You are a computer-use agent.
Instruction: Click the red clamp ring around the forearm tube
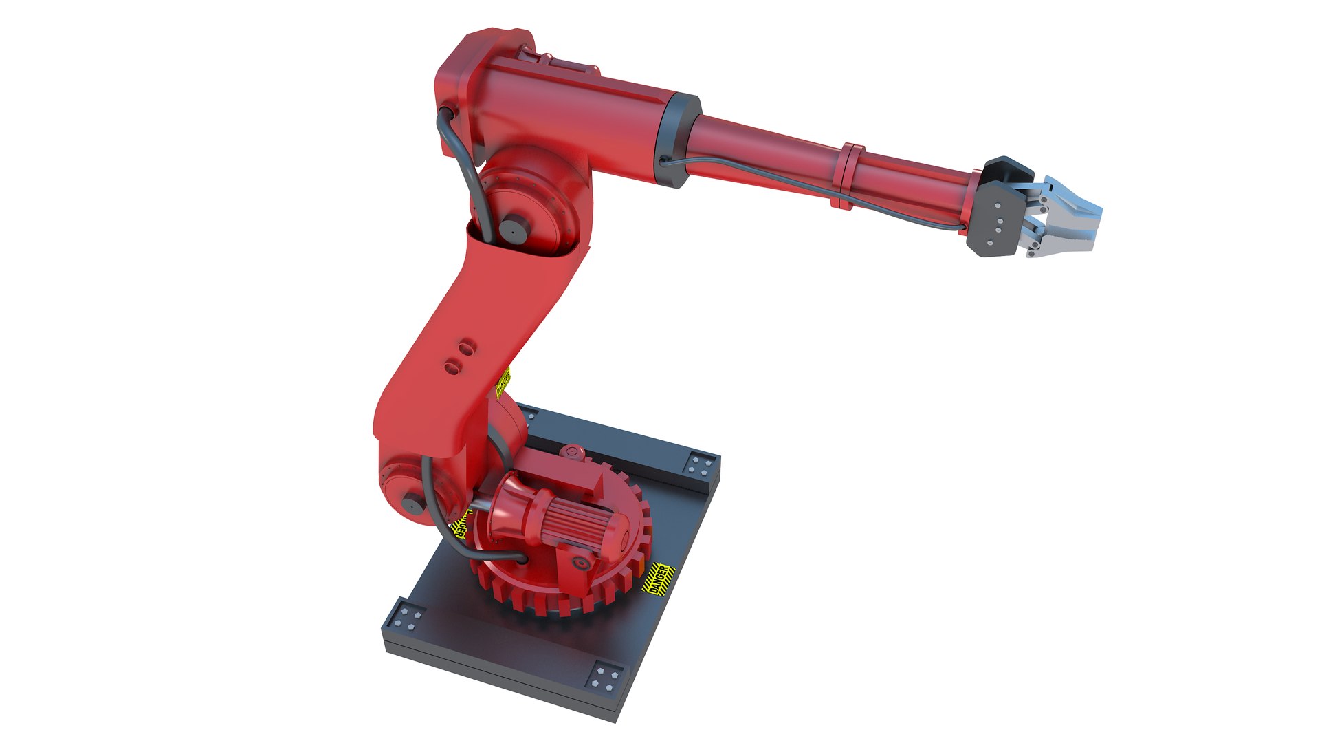pyautogui.click(x=851, y=175)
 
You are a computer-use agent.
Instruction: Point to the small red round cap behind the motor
pyautogui.click(x=570, y=452)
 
